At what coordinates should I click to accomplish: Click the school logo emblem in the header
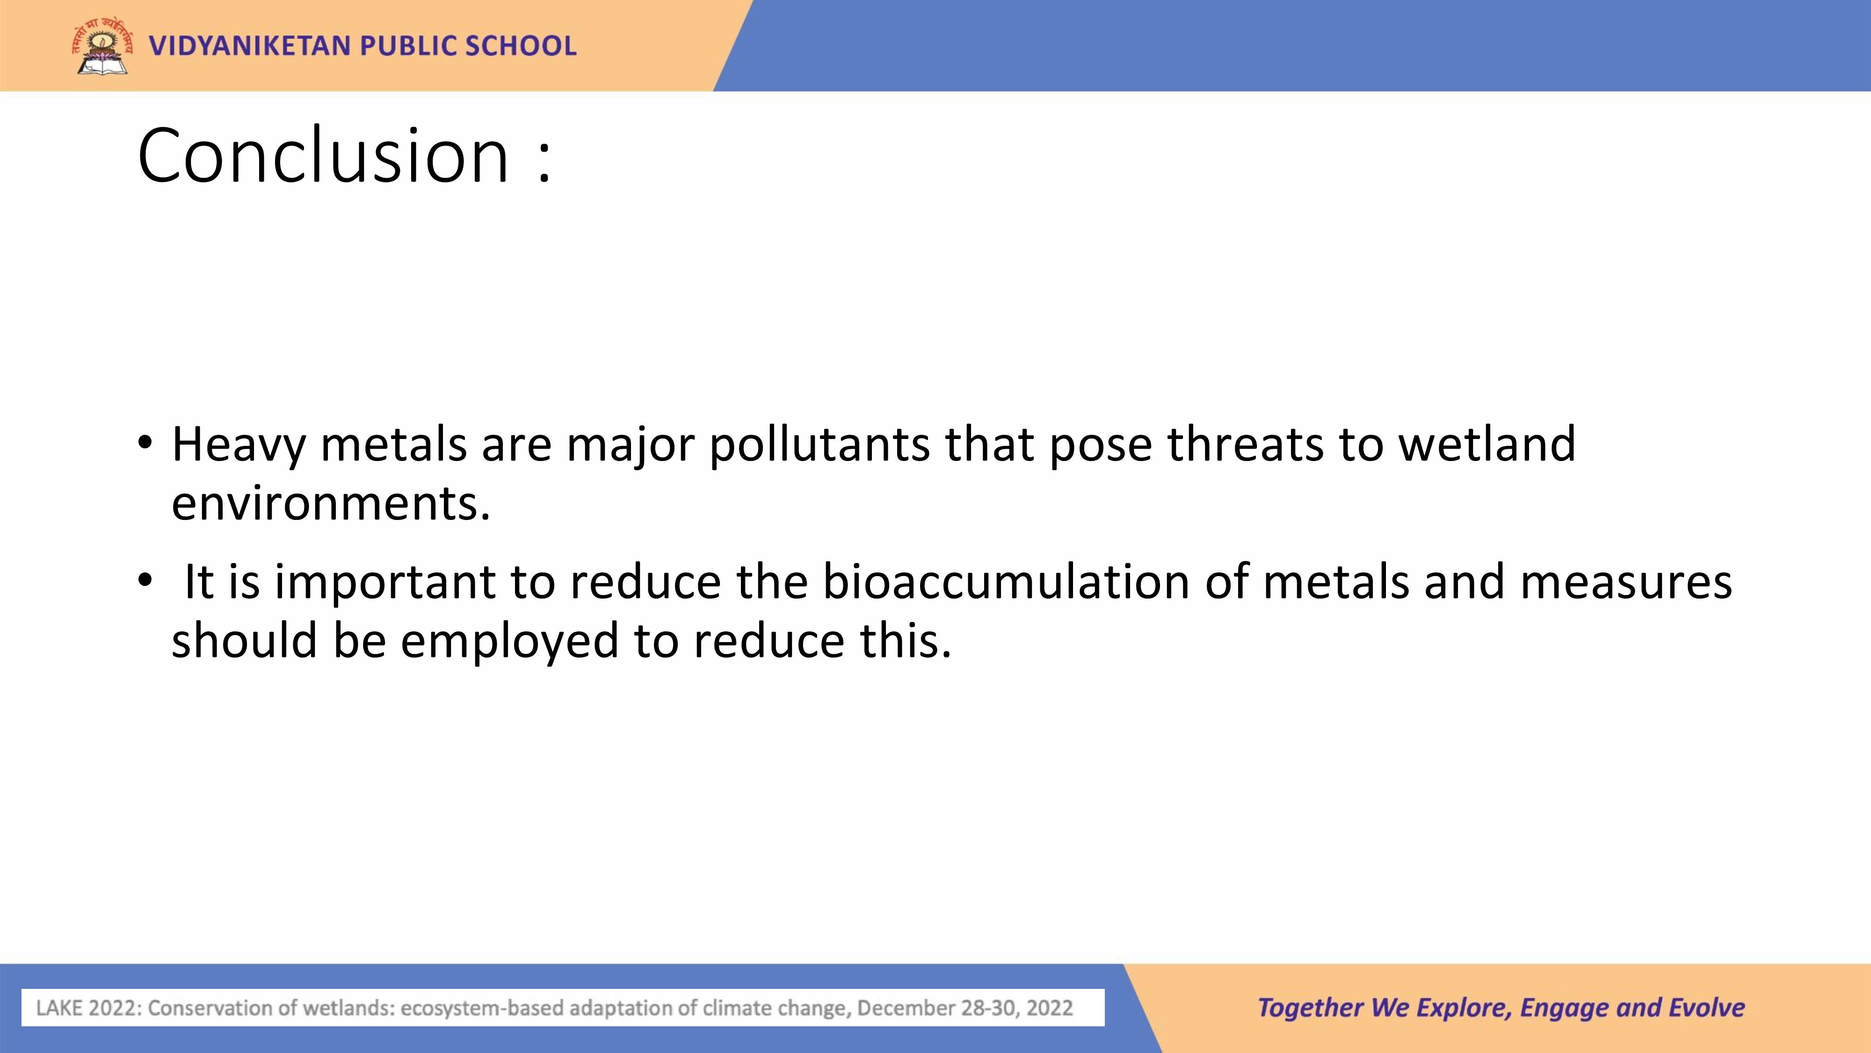click(x=102, y=46)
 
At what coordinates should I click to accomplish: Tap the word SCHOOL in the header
click(x=521, y=46)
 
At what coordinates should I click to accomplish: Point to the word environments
click(x=331, y=504)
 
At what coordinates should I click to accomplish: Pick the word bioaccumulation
click(x=1006, y=581)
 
